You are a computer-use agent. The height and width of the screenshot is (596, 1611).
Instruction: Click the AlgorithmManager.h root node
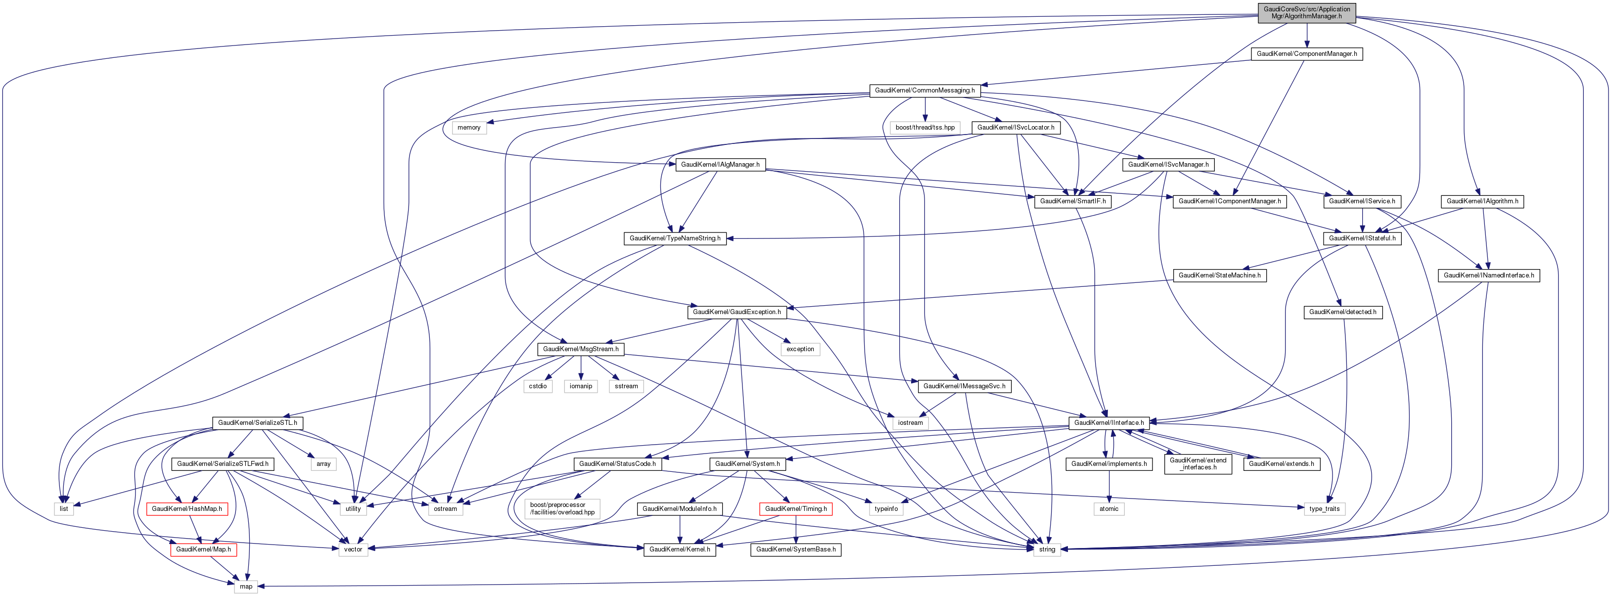[x=1306, y=12]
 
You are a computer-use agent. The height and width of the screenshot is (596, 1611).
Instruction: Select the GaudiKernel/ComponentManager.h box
[x=1306, y=54]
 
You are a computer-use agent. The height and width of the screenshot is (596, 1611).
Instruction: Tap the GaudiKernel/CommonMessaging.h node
[x=924, y=91]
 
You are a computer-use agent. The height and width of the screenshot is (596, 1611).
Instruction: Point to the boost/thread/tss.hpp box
[x=925, y=128]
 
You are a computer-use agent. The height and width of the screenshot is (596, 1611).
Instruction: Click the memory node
[x=468, y=128]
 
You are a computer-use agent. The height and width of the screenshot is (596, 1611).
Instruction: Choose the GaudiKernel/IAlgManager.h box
[x=720, y=165]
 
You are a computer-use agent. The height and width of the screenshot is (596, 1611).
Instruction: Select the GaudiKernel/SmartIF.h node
[x=1072, y=201]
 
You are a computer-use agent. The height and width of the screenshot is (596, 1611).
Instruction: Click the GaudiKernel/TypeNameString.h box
[x=675, y=238]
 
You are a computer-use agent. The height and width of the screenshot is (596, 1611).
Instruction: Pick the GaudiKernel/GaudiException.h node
[x=736, y=312]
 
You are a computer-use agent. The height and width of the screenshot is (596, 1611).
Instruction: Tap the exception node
[x=800, y=349]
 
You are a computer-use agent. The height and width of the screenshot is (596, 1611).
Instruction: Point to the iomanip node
[x=580, y=386]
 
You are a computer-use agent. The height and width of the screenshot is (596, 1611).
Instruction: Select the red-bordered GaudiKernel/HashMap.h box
[x=186, y=508]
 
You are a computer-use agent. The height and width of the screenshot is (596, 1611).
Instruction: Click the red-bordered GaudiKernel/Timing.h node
[x=795, y=508]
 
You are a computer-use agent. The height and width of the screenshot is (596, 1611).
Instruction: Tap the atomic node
[x=1109, y=508]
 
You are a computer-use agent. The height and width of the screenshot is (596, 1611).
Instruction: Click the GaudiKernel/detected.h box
[x=1343, y=312]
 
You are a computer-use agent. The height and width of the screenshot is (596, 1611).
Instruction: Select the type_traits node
[x=1324, y=508]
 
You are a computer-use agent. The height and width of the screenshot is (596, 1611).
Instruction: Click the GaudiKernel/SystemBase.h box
[x=795, y=549]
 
